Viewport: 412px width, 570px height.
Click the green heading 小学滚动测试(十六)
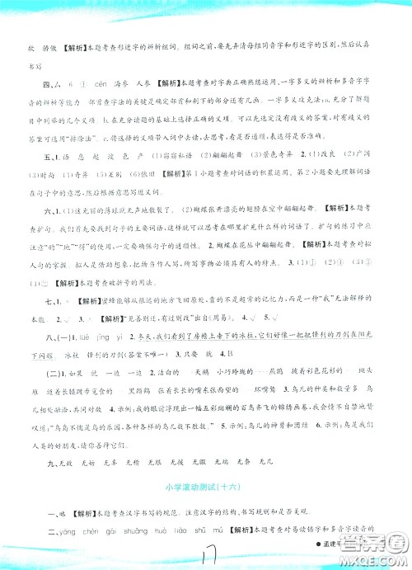206,486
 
